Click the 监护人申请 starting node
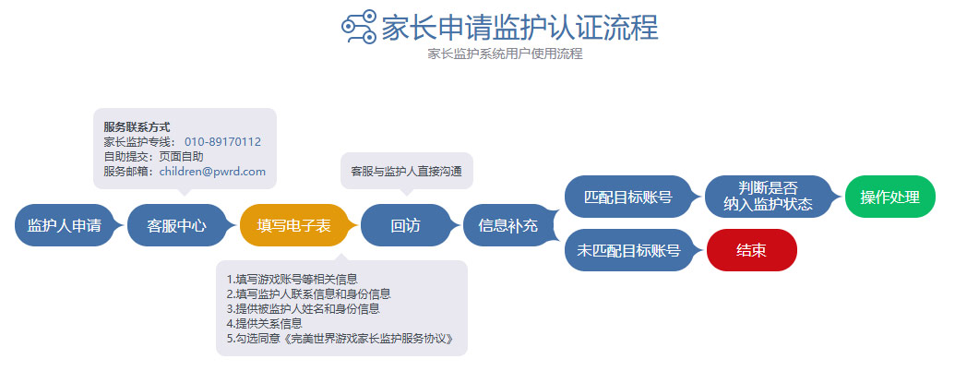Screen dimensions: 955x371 [x=64, y=225]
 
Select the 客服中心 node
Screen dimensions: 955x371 [x=176, y=225]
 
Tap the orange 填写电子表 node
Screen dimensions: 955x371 [x=293, y=225]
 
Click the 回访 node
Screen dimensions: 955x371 [x=405, y=225]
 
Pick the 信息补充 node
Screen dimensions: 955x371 [x=508, y=225]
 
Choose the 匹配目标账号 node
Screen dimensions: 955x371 [x=628, y=197]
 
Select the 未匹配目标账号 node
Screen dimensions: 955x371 [x=628, y=250]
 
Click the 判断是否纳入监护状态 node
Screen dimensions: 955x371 [x=768, y=197]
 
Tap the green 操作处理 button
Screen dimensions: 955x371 [x=889, y=197]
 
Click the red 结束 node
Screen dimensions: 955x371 [x=752, y=250]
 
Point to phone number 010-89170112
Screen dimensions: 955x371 [x=222, y=142]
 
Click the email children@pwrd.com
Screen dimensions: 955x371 [x=212, y=171]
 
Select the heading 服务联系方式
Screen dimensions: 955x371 [x=137, y=127]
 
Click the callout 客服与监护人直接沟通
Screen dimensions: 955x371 [x=406, y=171]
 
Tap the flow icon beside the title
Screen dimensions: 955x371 [x=359, y=28]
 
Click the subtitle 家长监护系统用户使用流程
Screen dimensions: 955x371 [x=505, y=54]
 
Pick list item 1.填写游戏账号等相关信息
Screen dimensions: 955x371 [x=292, y=280]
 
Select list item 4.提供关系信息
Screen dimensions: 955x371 [x=264, y=324]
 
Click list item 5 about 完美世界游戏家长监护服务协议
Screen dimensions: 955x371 [x=340, y=338]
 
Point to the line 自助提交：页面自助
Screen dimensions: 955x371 [x=153, y=157]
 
